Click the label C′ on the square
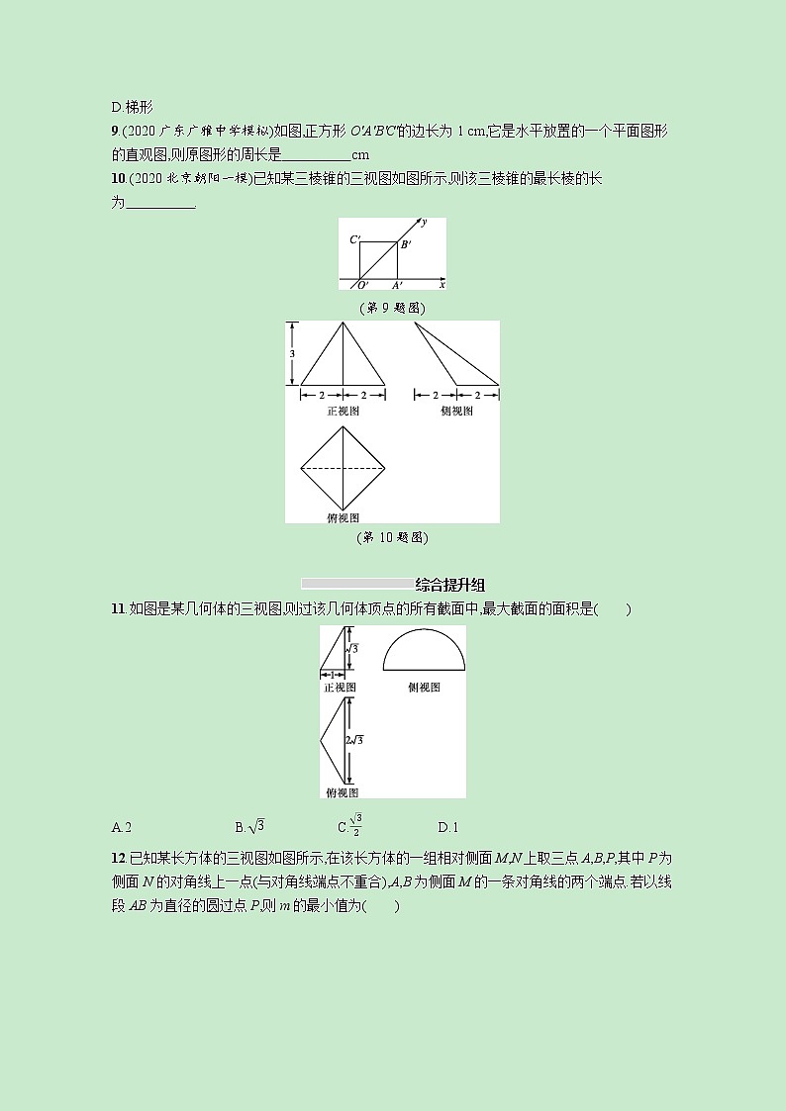(x=354, y=239)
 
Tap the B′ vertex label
(x=405, y=243)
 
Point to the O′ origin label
(x=362, y=285)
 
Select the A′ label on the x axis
(x=396, y=285)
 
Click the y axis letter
(x=424, y=223)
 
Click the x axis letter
(x=442, y=284)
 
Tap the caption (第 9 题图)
(x=392, y=308)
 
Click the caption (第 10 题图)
(x=392, y=537)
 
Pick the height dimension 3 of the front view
(x=293, y=353)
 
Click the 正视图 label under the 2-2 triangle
(x=343, y=411)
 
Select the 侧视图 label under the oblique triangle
(x=456, y=411)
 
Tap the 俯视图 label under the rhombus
(x=343, y=516)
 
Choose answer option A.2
(x=123, y=827)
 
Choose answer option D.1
(x=447, y=827)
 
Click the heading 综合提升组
(x=449, y=585)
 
